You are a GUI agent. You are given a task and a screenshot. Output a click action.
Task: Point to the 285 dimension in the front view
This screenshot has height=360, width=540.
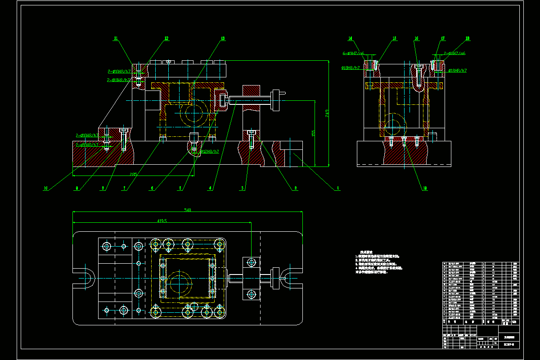click(133, 174)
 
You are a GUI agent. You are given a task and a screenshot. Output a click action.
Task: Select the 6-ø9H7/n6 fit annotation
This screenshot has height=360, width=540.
click(353, 54)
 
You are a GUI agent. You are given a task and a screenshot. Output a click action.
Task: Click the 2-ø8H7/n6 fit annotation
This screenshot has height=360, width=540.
click(454, 54)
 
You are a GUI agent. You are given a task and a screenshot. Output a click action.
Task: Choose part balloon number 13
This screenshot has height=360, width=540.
click(222, 39)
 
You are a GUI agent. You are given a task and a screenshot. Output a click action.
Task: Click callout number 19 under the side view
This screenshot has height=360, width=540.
click(424, 189)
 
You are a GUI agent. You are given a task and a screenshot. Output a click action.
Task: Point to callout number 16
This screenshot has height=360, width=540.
click(417, 39)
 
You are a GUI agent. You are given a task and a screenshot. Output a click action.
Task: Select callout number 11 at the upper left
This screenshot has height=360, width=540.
click(116, 39)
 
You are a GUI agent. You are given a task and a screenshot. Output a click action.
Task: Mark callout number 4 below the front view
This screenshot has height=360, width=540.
click(210, 189)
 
